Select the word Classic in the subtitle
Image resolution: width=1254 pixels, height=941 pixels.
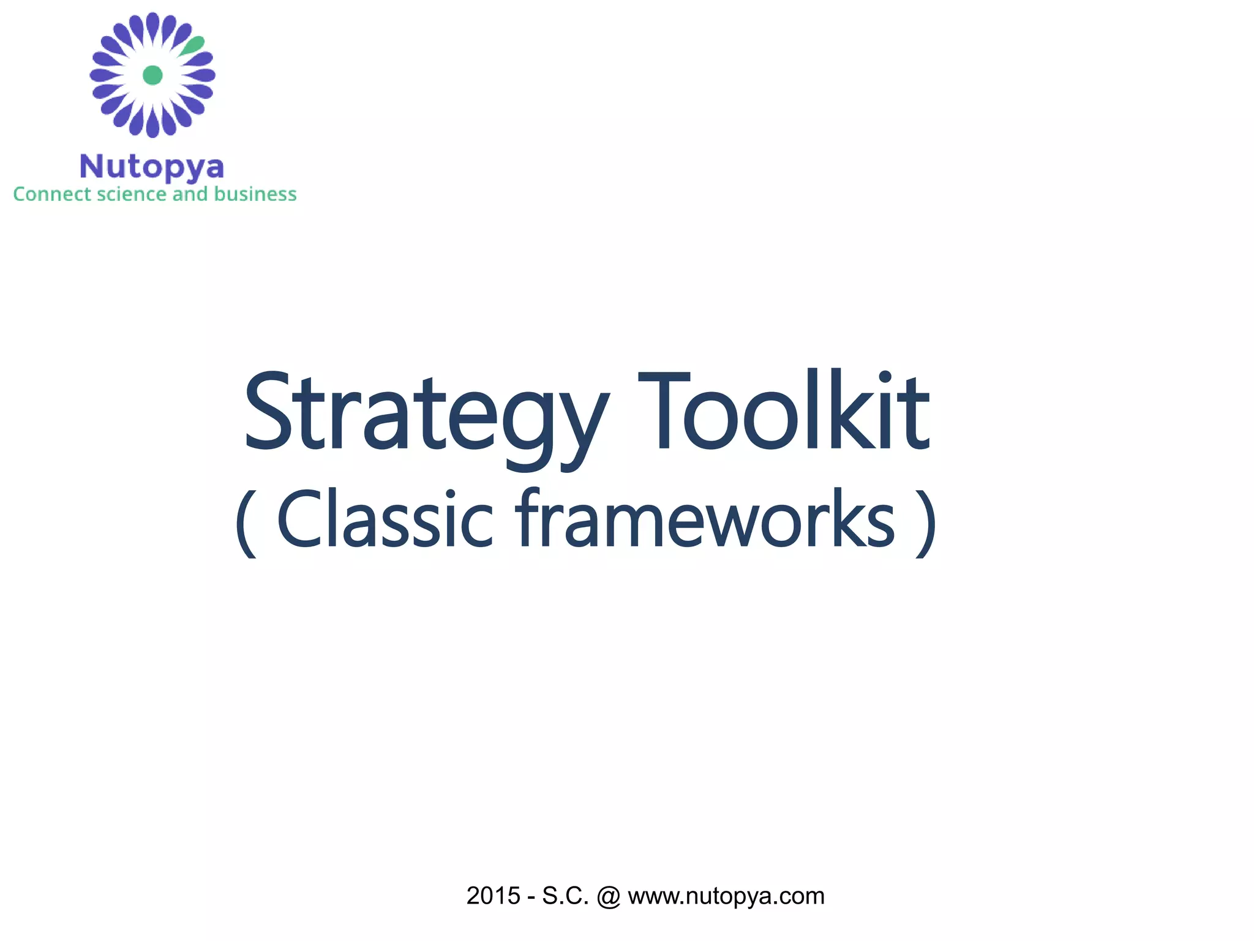(x=385, y=520)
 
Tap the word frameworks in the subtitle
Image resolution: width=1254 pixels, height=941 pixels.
(x=704, y=520)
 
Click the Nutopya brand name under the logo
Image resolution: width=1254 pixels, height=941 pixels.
(x=152, y=167)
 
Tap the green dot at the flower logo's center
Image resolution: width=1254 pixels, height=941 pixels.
(x=152, y=75)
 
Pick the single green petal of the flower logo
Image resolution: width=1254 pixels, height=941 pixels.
(x=193, y=45)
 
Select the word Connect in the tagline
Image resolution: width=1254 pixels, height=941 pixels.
(x=53, y=194)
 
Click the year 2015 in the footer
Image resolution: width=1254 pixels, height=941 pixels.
(x=493, y=896)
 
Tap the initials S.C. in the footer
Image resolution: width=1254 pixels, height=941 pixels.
(x=565, y=896)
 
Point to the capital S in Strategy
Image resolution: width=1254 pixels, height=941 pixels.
(x=267, y=410)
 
